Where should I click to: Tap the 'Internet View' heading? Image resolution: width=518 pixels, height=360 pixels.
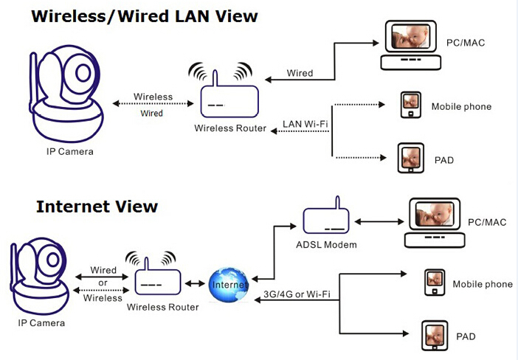click(x=97, y=206)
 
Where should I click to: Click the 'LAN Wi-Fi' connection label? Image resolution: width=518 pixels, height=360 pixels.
click(x=305, y=123)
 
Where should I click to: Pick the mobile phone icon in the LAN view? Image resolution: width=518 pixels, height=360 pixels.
click(x=410, y=104)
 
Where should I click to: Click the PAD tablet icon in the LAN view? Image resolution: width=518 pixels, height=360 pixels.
click(x=410, y=157)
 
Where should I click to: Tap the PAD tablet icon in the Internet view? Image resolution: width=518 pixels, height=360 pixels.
click(x=433, y=335)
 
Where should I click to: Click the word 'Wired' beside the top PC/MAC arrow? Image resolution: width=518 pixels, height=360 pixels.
click(x=300, y=73)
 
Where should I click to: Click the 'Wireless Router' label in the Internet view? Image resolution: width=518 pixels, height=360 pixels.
click(x=162, y=306)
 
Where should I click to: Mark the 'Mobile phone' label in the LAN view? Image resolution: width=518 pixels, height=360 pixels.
click(x=461, y=106)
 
